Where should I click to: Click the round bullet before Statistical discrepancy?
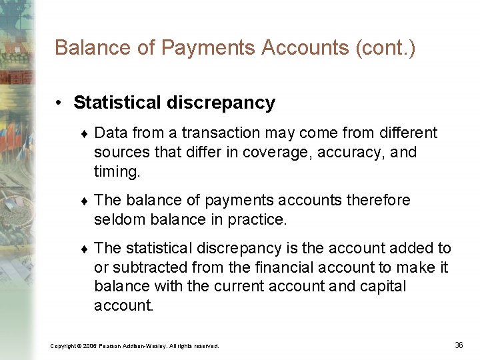pos(59,103)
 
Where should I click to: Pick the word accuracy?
pos(351,153)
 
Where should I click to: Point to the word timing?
pos(117,172)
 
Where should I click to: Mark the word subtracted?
pos(152,267)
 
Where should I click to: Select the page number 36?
pos(459,345)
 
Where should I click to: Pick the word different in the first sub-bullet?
pos(405,133)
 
